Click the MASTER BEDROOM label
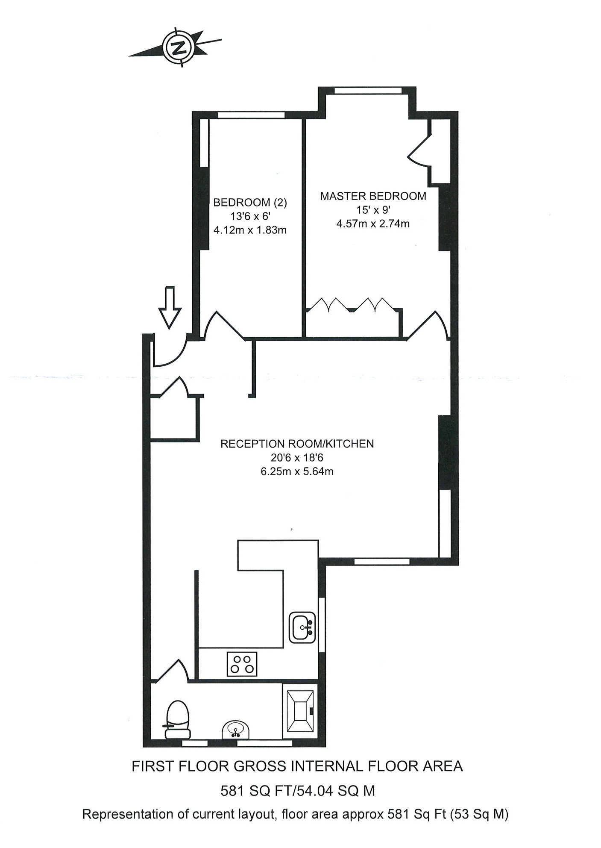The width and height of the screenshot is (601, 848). coord(373,196)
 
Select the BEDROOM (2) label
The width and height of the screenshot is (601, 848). coord(250,203)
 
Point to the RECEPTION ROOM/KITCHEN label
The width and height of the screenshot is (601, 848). coord(297,444)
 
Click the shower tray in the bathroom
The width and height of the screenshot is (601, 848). coord(300,711)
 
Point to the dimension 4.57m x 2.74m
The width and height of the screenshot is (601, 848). coord(373,224)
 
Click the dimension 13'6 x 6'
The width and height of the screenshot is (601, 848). coord(250,216)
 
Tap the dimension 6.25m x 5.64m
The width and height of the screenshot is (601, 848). coord(297,471)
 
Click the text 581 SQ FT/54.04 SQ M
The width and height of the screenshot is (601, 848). coord(298,791)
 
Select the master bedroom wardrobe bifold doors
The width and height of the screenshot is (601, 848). coord(352,305)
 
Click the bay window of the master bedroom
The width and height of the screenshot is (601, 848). coord(368,90)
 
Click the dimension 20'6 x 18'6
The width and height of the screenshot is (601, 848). coord(297,458)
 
